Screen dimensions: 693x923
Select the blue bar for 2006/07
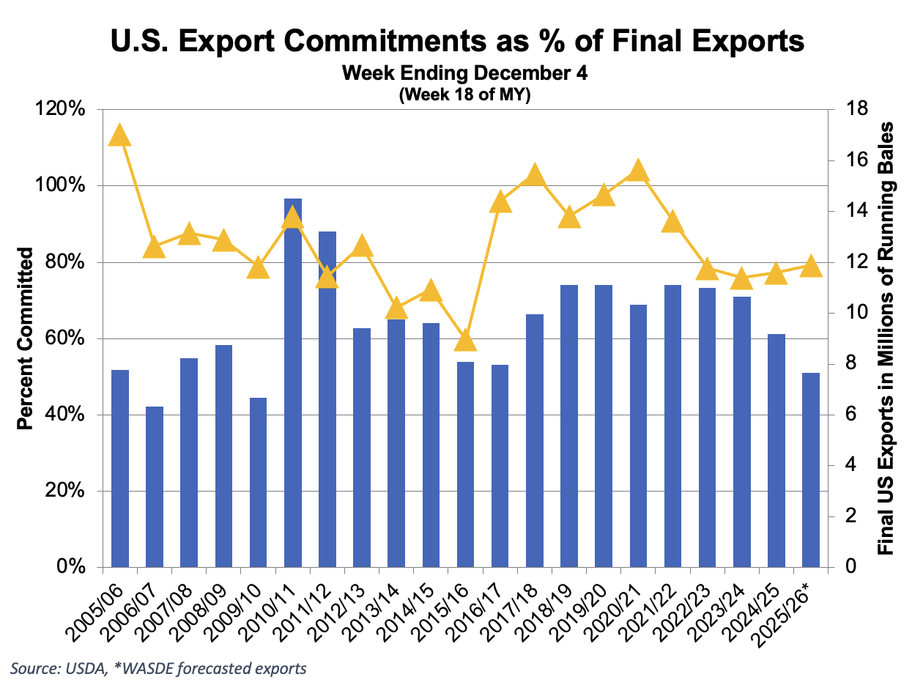point(155,486)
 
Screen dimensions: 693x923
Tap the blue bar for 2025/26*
point(810,470)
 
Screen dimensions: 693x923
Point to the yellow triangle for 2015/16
point(466,341)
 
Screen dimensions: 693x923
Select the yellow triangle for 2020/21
point(638,171)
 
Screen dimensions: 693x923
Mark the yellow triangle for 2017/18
point(535,176)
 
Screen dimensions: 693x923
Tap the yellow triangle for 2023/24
point(741,279)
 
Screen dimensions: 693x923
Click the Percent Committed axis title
point(25,338)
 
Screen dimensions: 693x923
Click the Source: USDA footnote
point(158,668)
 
